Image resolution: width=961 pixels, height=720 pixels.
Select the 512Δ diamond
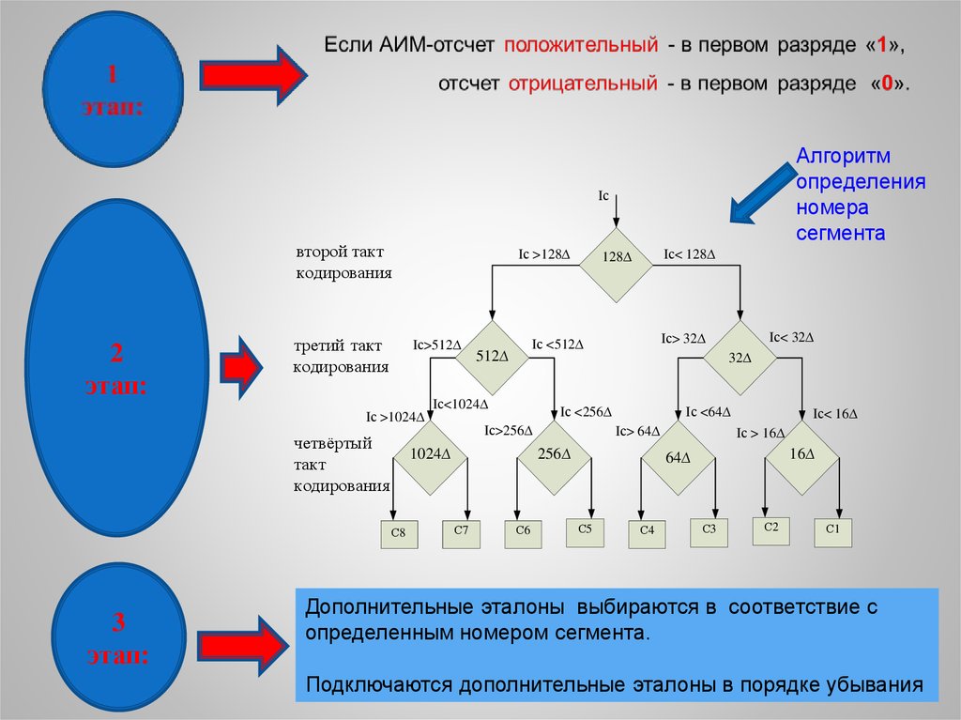pyautogui.click(x=492, y=357)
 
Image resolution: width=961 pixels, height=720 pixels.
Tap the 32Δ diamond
pyautogui.click(x=740, y=357)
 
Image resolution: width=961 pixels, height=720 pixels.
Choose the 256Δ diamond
pyautogui.click(x=554, y=455)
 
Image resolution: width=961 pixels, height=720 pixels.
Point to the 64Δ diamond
pyautogui.click(x=678, y=457)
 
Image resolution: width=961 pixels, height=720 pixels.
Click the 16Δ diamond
pyautogui.click(x=801, y=455)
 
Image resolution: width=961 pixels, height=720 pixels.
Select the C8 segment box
pyautogui.click(x=398, y=533)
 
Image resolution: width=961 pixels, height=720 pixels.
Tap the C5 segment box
pyautogui.click(x=584, y=530)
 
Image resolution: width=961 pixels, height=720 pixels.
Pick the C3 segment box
pyautogui.click(x=709, y=531)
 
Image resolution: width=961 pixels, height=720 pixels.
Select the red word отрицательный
pyautogui.click(x=582, y=83)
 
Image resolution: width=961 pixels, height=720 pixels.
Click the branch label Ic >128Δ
pyautogui.click(x=544, y=254)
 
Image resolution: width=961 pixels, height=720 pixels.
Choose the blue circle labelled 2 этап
pyautogui.click(x=116, y=368)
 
